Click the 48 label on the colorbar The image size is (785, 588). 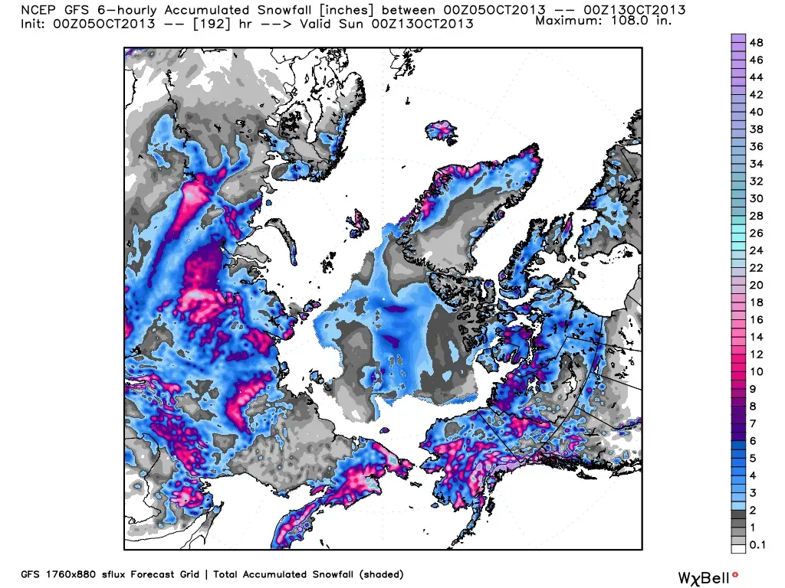pos(756,43)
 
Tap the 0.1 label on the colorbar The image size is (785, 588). pos(757,544)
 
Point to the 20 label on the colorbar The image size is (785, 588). pos(756,285)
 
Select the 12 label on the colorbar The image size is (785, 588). pos(756,354)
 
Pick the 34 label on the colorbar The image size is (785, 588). pos(756,164)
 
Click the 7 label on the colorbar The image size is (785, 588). pos(753,423)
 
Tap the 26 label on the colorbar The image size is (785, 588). pos(756,233)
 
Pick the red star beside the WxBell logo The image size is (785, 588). pos(735,573)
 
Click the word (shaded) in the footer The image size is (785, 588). pos(379,573)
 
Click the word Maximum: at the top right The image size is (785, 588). pos(569,21)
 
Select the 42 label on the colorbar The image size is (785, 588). pos(756,95)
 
